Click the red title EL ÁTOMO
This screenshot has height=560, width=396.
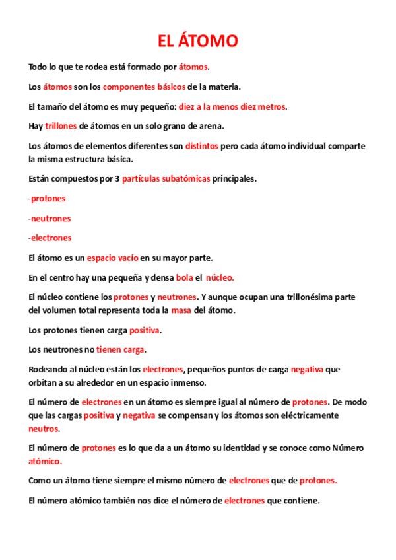point(197,42)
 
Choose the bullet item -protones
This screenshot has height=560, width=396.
point(47,198)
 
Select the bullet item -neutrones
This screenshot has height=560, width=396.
point(49,218)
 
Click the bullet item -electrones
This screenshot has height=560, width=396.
point(50,238)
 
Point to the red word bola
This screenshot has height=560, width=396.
point(184,277)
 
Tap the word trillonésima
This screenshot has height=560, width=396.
point(304,297)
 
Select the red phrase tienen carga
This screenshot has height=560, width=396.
point(120,349)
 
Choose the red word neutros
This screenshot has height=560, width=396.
point(43,428)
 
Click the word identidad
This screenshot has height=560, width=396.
point(239,448)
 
